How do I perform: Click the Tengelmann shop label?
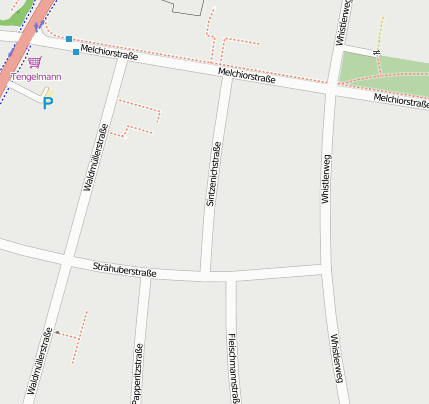click(36, 77)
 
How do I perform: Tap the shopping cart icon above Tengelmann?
click(34, 62)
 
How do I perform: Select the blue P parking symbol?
click(47, 102)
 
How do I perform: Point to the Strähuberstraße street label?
click(124, 269)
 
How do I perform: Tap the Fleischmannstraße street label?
click(233, 367)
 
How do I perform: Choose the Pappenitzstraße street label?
click(137, 374)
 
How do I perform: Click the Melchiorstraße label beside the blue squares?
click(109, 53)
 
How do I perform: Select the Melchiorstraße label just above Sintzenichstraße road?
click(246, 76)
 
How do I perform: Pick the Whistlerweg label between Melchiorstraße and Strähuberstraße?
click(325, 179)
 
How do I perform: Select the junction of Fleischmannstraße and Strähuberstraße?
click(232, 277)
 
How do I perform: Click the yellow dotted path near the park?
click(380, 32)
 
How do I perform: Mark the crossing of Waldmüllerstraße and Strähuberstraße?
click(67, 261)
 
